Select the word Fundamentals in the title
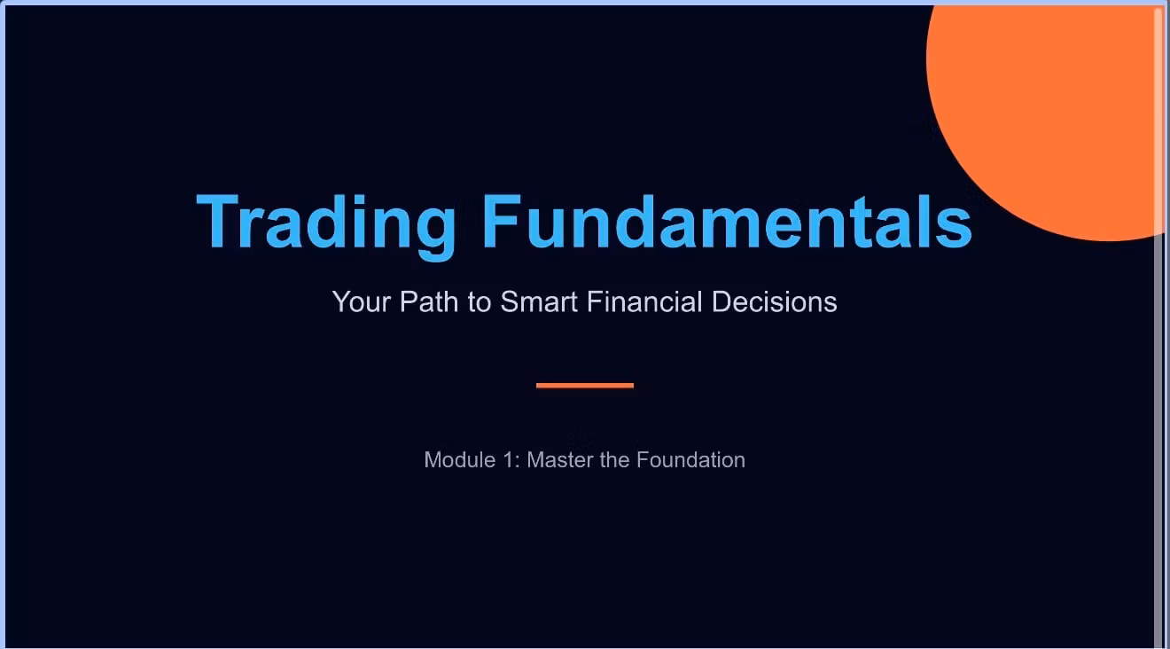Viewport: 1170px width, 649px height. click(727, 221)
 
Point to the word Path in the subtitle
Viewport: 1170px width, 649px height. click(429, 301)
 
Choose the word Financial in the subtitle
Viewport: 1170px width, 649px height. click(644, 301)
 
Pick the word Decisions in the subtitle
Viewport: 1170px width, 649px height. click(775, 301)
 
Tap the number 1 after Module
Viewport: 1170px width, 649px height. click(509, 460)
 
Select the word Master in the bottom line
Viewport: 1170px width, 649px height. click(560, 460)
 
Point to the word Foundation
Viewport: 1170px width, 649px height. click(690, 460)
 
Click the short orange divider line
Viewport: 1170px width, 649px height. click(585, 386)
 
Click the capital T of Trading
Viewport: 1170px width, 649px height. click(218, 221)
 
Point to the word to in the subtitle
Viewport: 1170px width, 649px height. click(480, 302)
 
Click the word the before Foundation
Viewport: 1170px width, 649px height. click(615, 460)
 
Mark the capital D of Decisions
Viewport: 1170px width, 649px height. click(721, 301)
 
